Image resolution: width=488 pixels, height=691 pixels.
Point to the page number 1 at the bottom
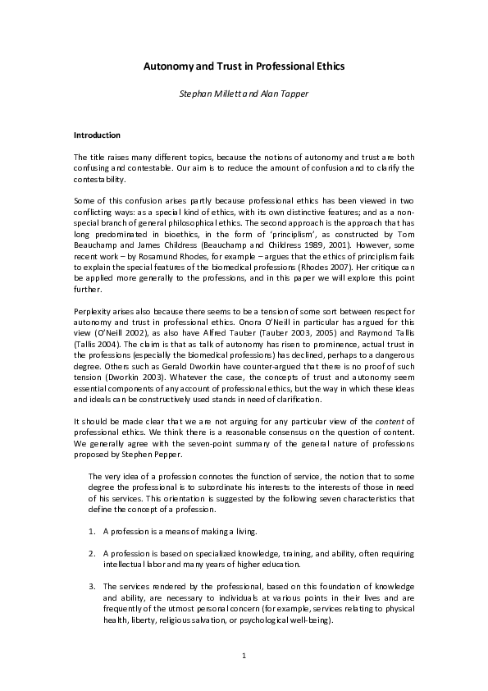244,656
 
